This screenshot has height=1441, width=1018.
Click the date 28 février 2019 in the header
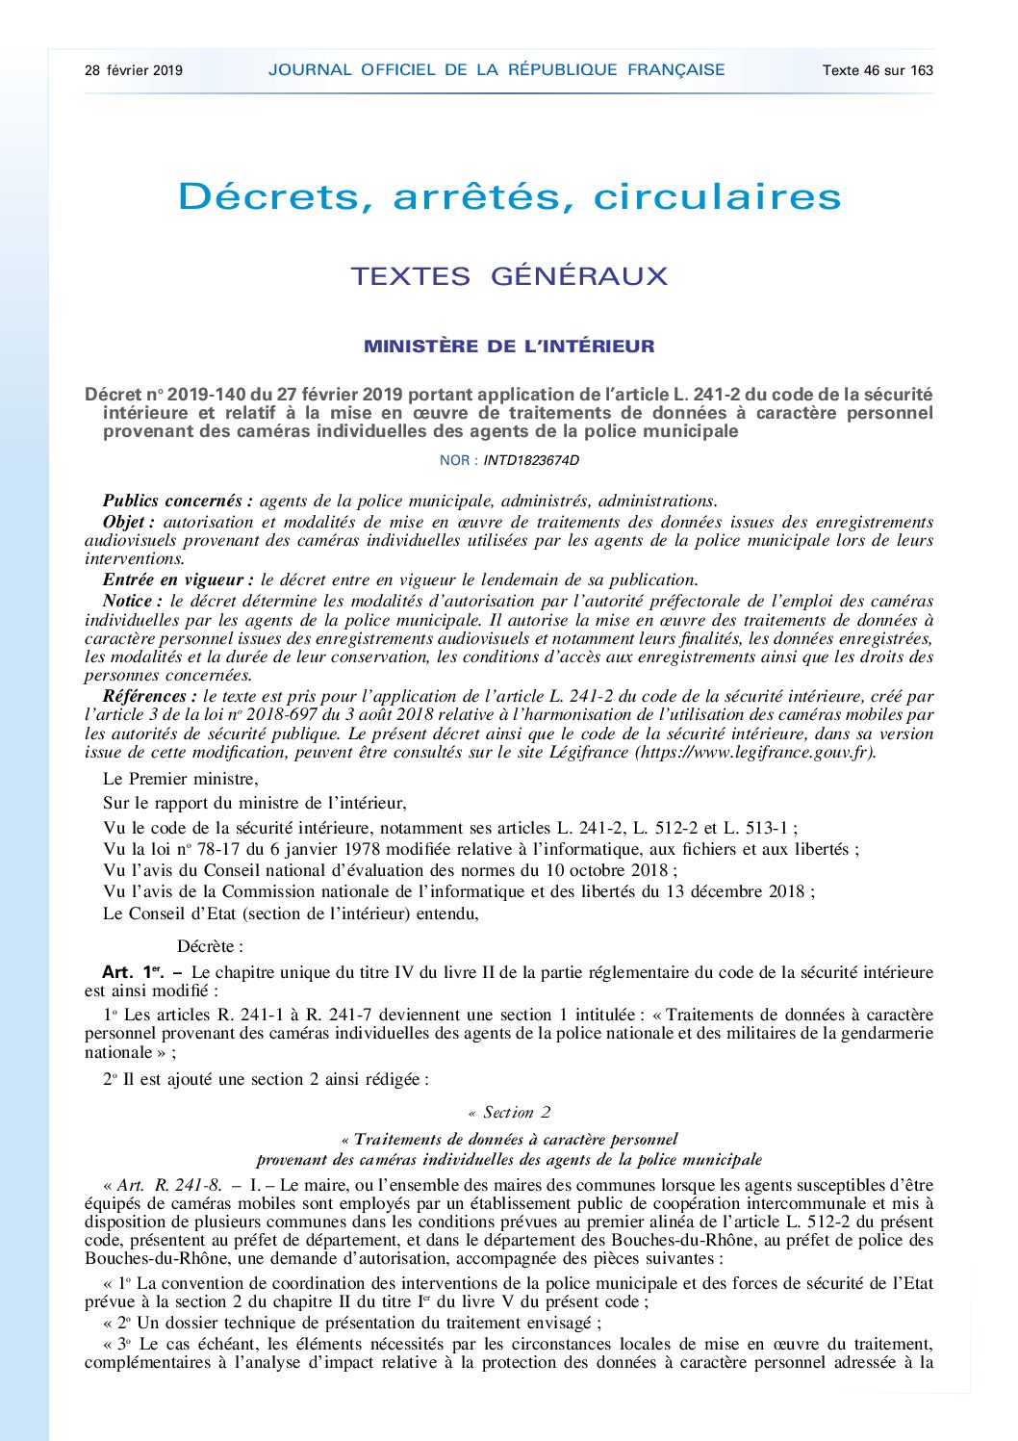click(133, 70)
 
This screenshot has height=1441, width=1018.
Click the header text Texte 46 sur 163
click(878, 70)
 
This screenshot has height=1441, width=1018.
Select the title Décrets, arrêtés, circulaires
click(509, 197)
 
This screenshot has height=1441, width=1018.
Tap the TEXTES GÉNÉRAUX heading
click(509, 276)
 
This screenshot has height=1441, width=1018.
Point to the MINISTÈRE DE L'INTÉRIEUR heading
click(509, 347)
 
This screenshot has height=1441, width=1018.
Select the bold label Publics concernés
click(177, 501)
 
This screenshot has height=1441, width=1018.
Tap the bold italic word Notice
click(132, 601)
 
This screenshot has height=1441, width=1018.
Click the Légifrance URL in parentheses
click(754, 753)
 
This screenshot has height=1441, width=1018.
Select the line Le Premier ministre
click(181, 779)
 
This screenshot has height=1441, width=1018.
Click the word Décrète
click(210, 946)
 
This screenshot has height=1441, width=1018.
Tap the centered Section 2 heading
click(509, 1113)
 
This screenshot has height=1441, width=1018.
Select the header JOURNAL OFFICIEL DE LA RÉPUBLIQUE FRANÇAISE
click(496, 70)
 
